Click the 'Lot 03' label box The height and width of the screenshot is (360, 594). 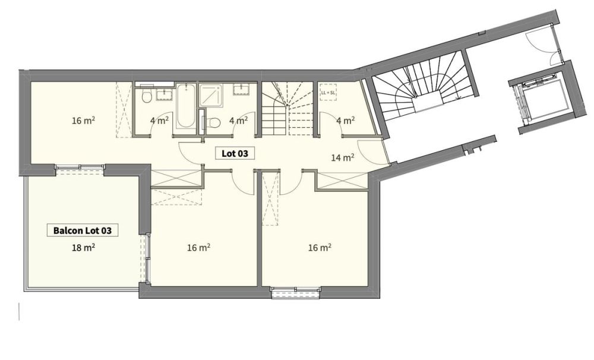coord(234,153)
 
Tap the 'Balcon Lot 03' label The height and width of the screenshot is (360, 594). coord(83,229)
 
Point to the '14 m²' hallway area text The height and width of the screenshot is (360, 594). coord(343,158)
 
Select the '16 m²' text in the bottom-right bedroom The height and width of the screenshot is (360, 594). coord(320,248)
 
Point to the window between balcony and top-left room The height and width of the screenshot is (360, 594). coord(80,168)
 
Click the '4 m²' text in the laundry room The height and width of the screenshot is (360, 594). coord(345,121)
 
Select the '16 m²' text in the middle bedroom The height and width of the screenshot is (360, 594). coord(198,248)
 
